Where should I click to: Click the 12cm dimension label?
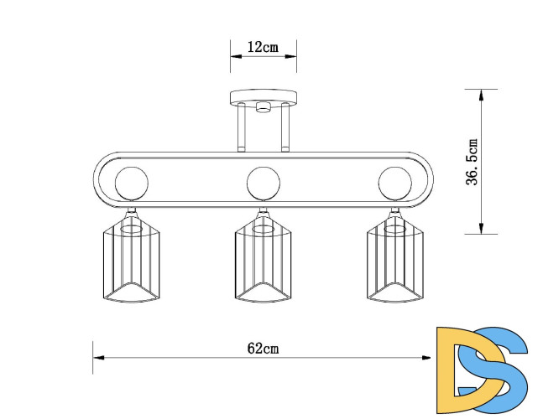pos(263,48)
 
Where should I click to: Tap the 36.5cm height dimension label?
pos(473,163)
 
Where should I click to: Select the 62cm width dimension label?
pos(263,348)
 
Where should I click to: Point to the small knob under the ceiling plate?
pos(263,106)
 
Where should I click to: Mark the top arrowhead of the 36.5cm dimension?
pos(480,94)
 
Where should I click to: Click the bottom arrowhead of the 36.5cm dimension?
pos(480,229)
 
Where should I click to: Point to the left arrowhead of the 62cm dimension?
pos(97,358)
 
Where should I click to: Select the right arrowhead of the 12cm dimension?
pos(291,58)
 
